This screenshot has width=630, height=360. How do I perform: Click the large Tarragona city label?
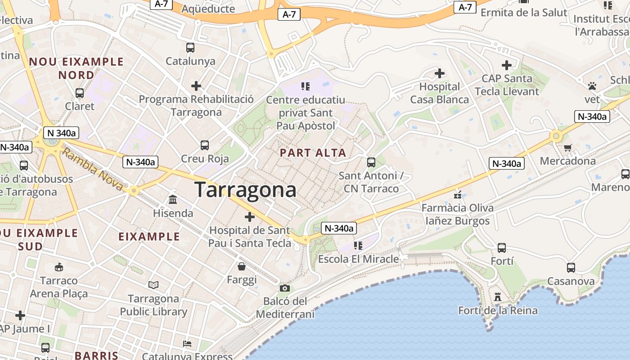pyautogui.click(x=245, y=190)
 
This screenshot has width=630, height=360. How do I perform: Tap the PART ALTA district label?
pyautogui.click(x=313, y=153)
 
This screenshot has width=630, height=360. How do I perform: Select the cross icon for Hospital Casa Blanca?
pyautogui.click(x=440, y=73)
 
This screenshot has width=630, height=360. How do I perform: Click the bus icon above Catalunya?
pyautogui.click(x=190, y=48)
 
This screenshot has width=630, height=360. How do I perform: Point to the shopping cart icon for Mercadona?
pyautogui.click(x=567, y=148)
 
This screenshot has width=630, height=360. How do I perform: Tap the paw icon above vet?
pyautogui.click(x=592, y=85)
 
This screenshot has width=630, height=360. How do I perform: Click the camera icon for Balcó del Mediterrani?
pyautogui.click(x=284, y=288)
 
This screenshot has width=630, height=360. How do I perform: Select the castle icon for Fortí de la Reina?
pyautogui.click(x=497, y=297)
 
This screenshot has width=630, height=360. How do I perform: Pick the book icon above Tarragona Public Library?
pyautogui.click(x=153, y=285)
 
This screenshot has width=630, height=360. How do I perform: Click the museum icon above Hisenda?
pyautogui.click(x=173, y=199)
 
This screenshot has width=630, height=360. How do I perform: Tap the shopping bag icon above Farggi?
pyautogui.click(x=242, y=266)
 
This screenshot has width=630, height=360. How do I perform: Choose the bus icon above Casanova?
pyautogui.click(x=571, y=268)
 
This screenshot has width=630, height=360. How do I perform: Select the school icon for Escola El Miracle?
pyautogui.click(x=358, y=246)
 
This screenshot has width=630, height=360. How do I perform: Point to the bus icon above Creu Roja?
pyautogui.click(x=205, y=145)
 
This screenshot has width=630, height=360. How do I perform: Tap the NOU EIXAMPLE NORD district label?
pyautogui.click(x=76, y=68)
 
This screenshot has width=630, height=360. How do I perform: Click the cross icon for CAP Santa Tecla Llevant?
pyautogui.click(x=507, y=66)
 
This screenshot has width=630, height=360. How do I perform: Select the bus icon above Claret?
pyautogui.click(x=80, y=93)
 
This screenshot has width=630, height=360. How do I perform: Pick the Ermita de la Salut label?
pyautogui.click(x=524, y=13)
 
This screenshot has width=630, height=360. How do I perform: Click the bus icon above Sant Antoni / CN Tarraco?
pyautogui.click(x=371, y=162)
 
